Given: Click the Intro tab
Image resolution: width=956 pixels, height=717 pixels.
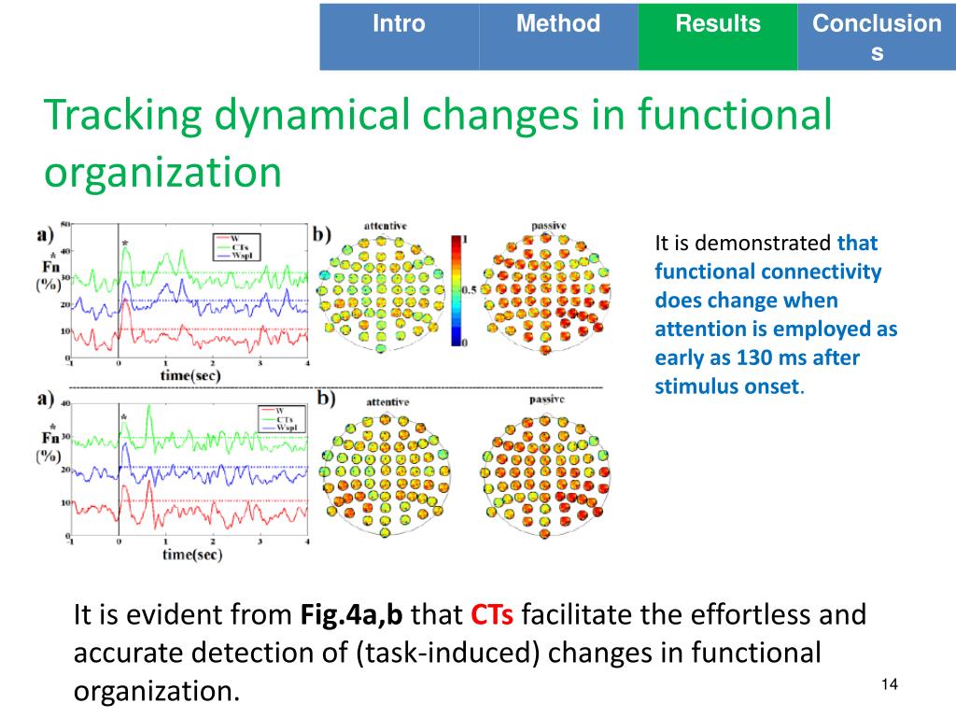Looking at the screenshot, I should tap(399, 24).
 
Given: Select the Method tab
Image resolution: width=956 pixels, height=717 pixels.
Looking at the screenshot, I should tap(558, 24).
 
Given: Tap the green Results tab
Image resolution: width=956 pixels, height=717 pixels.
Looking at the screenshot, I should tap(718, 24).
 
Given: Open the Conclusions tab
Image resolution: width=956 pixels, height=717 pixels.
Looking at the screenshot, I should tap(877, 37).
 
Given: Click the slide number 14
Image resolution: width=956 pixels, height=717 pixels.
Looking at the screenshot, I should tap(889, 686).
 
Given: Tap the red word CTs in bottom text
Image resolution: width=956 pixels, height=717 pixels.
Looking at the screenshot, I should tap(491, 616).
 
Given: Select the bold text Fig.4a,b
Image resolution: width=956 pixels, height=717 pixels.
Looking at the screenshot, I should tap(352, 616).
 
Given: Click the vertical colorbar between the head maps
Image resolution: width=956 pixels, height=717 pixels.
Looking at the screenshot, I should tap(457, 290).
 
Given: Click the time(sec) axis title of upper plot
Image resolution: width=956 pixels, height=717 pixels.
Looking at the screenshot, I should tap(191, 375).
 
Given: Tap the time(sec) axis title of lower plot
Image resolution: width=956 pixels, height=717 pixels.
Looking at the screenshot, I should tap(191, 555).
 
